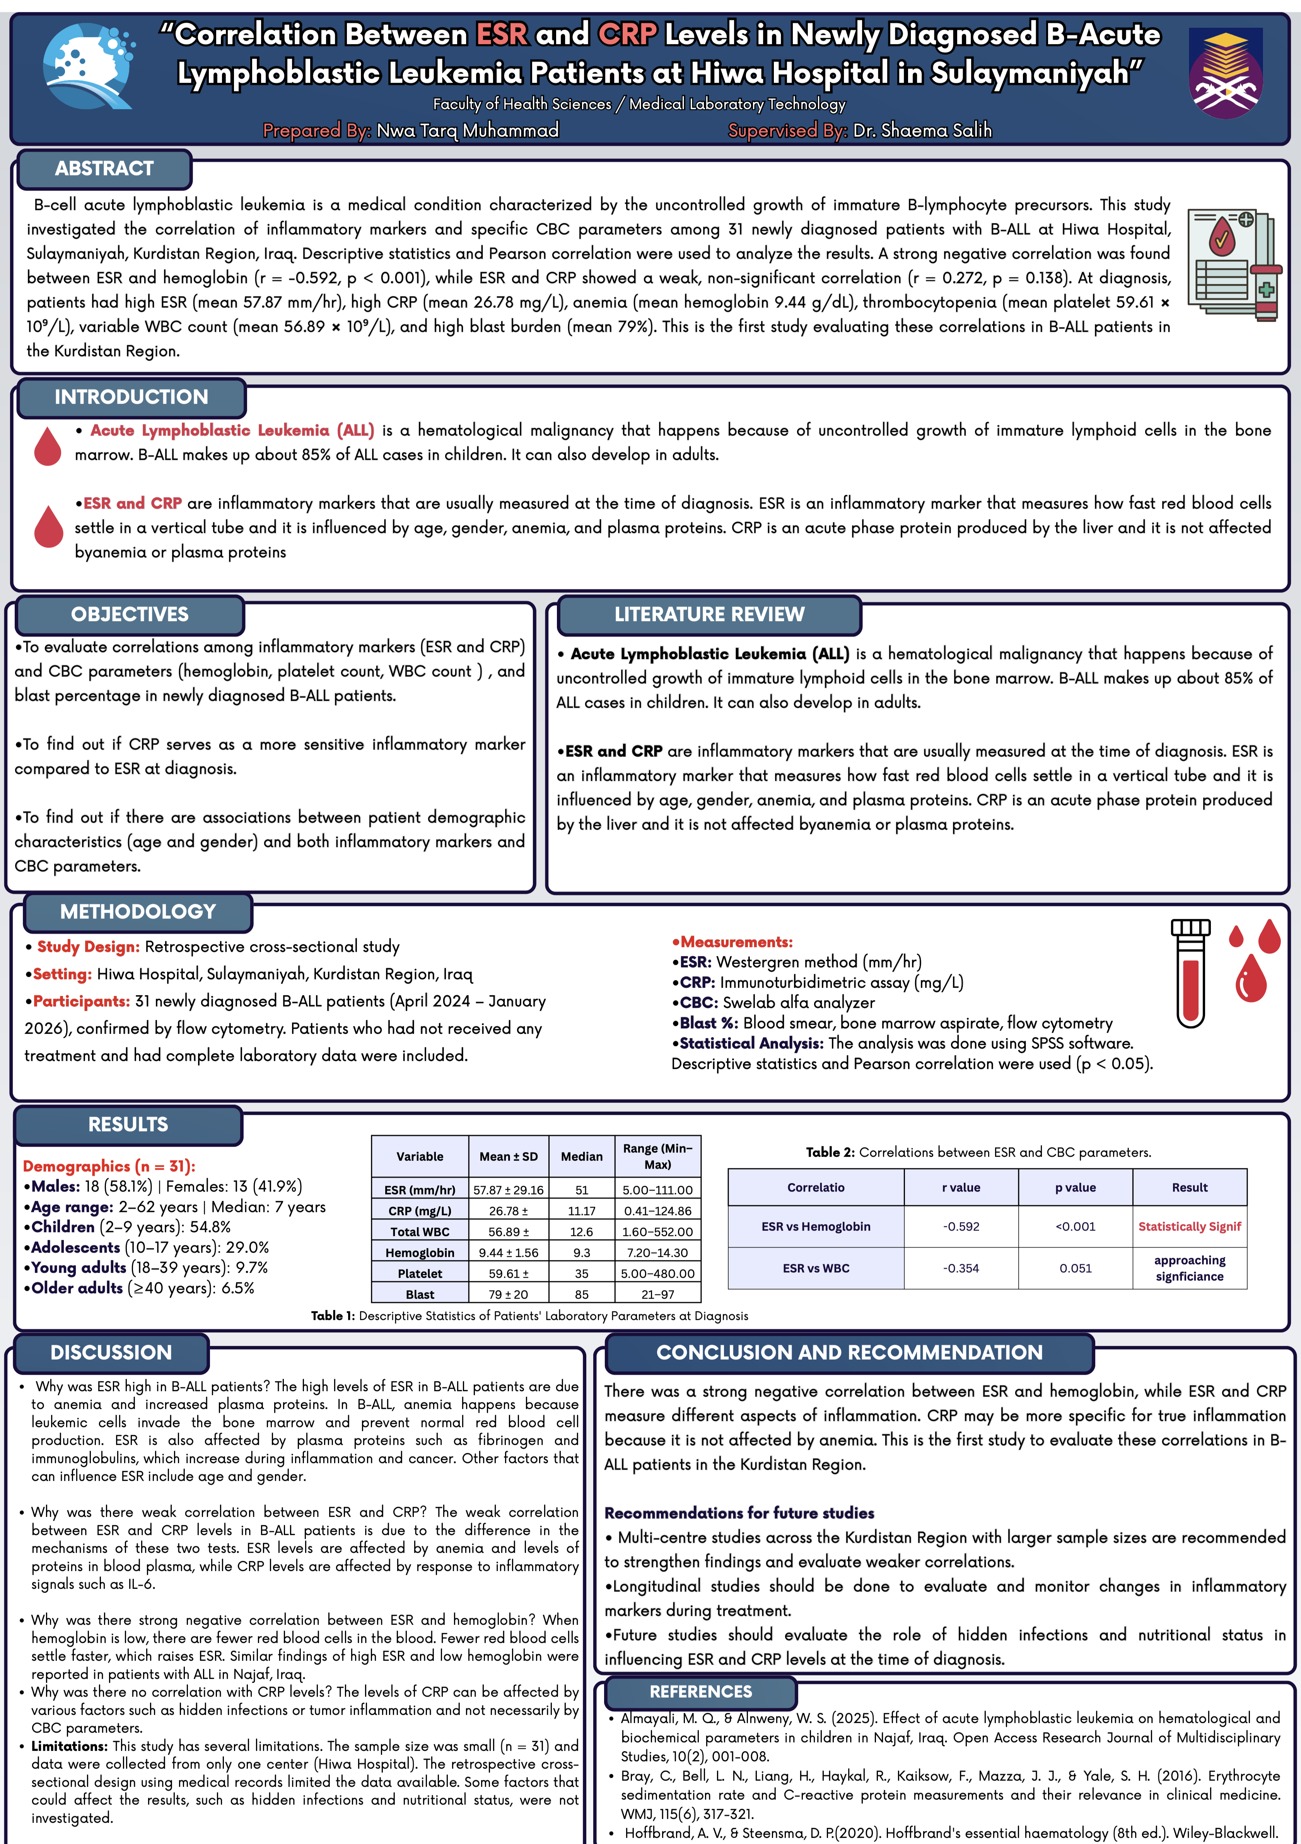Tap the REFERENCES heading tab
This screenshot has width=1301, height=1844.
click(700, 1691)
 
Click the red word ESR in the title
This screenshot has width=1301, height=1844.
click(501, 34)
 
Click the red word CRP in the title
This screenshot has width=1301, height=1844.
click(627, 34)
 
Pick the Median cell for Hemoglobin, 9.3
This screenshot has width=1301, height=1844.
click(581, 1252)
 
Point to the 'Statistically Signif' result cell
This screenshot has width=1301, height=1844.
click(1189, 1226)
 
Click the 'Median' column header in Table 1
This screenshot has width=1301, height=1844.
click(581, 1156)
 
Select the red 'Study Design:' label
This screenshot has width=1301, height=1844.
click(88, 947)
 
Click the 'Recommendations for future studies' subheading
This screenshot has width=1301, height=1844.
click(739, 1513)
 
